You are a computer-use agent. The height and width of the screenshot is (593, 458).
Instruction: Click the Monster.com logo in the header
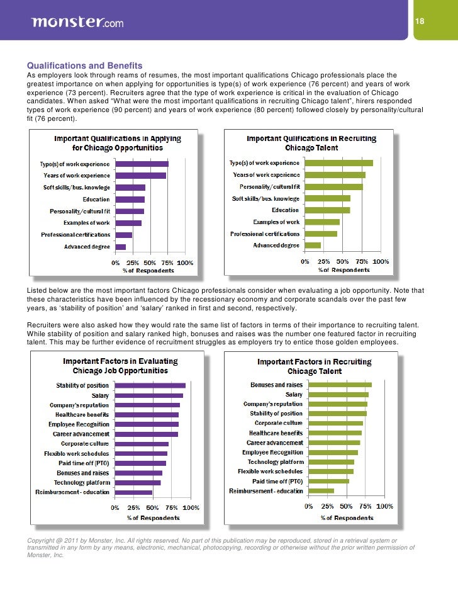coord(77,23)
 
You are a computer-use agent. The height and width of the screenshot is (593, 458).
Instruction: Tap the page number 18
coord(420,22)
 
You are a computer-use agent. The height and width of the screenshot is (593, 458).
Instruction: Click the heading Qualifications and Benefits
coord(84,65)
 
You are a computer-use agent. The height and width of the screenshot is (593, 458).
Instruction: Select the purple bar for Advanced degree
coord(121,247)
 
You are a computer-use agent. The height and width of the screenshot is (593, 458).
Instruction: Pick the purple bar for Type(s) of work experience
coord(142,164)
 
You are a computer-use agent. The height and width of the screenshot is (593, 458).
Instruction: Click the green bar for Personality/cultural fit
coord(333,186)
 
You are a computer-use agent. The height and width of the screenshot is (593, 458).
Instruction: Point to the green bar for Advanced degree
coord(312,245)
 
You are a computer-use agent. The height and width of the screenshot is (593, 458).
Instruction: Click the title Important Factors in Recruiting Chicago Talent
coord(315,366)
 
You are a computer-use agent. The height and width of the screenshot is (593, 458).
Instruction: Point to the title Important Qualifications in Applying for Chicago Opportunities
coord(118,143)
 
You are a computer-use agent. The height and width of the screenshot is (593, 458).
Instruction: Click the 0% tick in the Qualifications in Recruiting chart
coord(304,261)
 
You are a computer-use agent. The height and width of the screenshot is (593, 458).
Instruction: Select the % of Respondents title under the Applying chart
coord(148,271)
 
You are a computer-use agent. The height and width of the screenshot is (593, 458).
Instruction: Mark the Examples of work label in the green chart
coord(276,222)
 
